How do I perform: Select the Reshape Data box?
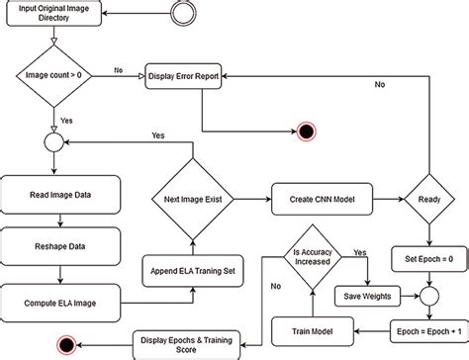[62, 243]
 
